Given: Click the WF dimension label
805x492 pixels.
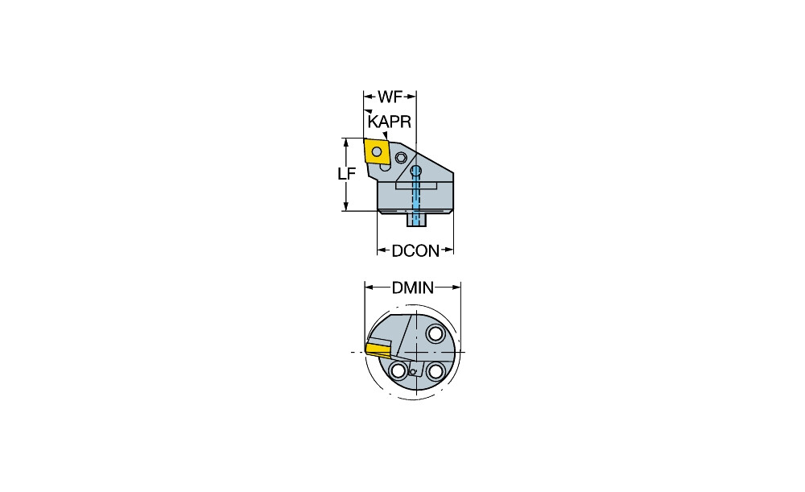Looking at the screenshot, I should [390, 98].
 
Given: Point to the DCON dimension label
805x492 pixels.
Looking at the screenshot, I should [415, 251].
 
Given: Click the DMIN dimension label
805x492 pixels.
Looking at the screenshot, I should [413, 287].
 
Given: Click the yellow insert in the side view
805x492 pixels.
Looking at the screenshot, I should [376, 151].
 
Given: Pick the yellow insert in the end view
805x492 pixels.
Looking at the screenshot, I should [377, 348].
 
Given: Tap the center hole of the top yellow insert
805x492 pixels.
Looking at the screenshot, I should [376, 150].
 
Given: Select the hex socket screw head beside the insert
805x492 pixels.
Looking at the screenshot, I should [401, 157].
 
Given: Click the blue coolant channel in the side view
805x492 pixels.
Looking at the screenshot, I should [416, 197].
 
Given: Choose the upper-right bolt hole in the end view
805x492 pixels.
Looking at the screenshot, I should [436, 333].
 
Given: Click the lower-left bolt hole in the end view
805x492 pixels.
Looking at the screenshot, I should [398, 370].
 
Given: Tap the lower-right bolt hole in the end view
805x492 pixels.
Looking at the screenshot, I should [436, 370].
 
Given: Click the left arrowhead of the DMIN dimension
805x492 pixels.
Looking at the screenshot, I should [369, 287].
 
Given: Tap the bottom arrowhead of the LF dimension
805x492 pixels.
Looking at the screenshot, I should [346, 207].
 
